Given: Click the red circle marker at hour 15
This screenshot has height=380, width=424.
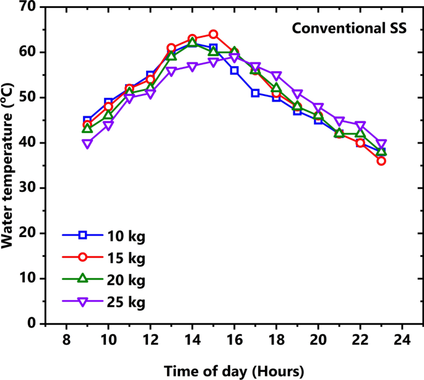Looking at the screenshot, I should pos(213,34).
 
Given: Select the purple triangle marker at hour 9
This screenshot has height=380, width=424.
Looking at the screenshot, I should pos(87,144).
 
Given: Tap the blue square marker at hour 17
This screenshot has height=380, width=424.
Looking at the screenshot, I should pos(255,93).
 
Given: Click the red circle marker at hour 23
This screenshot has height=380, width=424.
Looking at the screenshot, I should pos(381,161).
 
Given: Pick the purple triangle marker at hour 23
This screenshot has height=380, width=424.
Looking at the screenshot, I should pos(381,144).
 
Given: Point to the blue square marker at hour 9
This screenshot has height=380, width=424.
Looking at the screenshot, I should pos(87,120).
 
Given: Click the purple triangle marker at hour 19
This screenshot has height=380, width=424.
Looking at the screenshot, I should pos(297,94).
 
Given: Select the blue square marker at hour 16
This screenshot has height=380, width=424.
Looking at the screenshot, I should pos(234,71).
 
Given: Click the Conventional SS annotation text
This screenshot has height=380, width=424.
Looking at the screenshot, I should pos(348,28).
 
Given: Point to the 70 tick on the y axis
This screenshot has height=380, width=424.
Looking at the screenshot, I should pos(28,7).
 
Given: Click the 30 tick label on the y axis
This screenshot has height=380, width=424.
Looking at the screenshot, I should pos(28,188).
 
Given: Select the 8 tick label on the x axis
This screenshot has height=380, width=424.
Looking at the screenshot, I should pos(66,341).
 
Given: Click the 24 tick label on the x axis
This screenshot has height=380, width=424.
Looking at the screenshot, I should pos(402,341).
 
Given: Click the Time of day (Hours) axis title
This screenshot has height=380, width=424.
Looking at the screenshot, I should pos(234,371).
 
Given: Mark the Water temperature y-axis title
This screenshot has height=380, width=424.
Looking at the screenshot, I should pos(9,166).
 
